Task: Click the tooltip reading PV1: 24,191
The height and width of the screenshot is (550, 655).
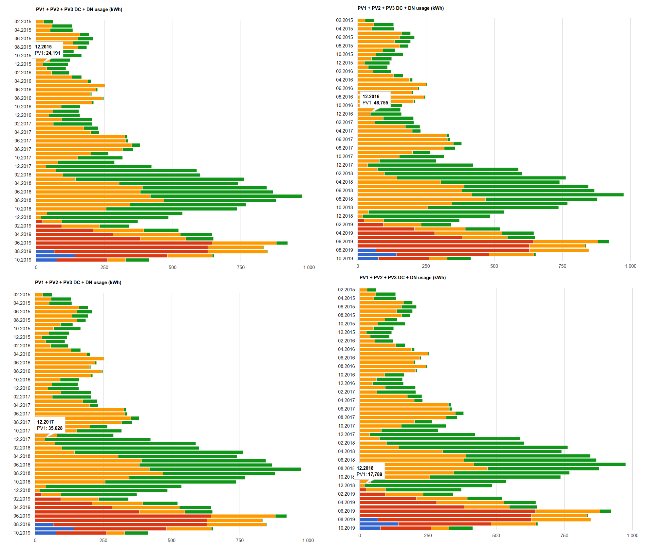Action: [47, 50]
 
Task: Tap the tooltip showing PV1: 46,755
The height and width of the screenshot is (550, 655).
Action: [375, 100]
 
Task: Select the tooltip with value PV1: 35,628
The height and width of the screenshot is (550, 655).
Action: [49, 425]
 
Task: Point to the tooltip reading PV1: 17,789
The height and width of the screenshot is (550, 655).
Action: [369, 471]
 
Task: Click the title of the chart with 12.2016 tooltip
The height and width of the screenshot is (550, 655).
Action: [401, 8]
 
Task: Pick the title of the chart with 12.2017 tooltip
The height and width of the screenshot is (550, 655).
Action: [78, 283]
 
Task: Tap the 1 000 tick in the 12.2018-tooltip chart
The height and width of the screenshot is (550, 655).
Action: [632, 536]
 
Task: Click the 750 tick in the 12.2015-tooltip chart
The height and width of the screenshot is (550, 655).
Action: [241, 267]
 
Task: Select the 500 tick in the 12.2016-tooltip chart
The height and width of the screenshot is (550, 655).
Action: [494, 266]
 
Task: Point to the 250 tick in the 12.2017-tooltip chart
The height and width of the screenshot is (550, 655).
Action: [103, 541]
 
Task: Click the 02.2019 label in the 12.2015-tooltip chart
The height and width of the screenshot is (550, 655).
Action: [23, 226]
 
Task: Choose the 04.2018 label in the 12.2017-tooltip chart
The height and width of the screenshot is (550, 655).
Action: [22, 456]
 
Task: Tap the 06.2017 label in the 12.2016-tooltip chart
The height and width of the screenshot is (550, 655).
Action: [345, 139]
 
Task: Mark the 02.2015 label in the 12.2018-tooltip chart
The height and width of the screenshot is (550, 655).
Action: [346, 290]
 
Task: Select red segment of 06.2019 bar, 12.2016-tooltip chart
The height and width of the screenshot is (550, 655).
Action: [445, 242]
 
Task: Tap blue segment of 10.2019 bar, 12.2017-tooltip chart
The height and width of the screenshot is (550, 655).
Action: [45, 533]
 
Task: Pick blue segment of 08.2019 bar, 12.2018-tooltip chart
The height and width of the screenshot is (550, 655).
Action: [368, 520]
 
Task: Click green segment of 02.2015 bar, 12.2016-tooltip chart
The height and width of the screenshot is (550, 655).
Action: [370, 20]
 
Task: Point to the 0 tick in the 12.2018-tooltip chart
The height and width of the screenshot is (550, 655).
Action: [360, 536]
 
